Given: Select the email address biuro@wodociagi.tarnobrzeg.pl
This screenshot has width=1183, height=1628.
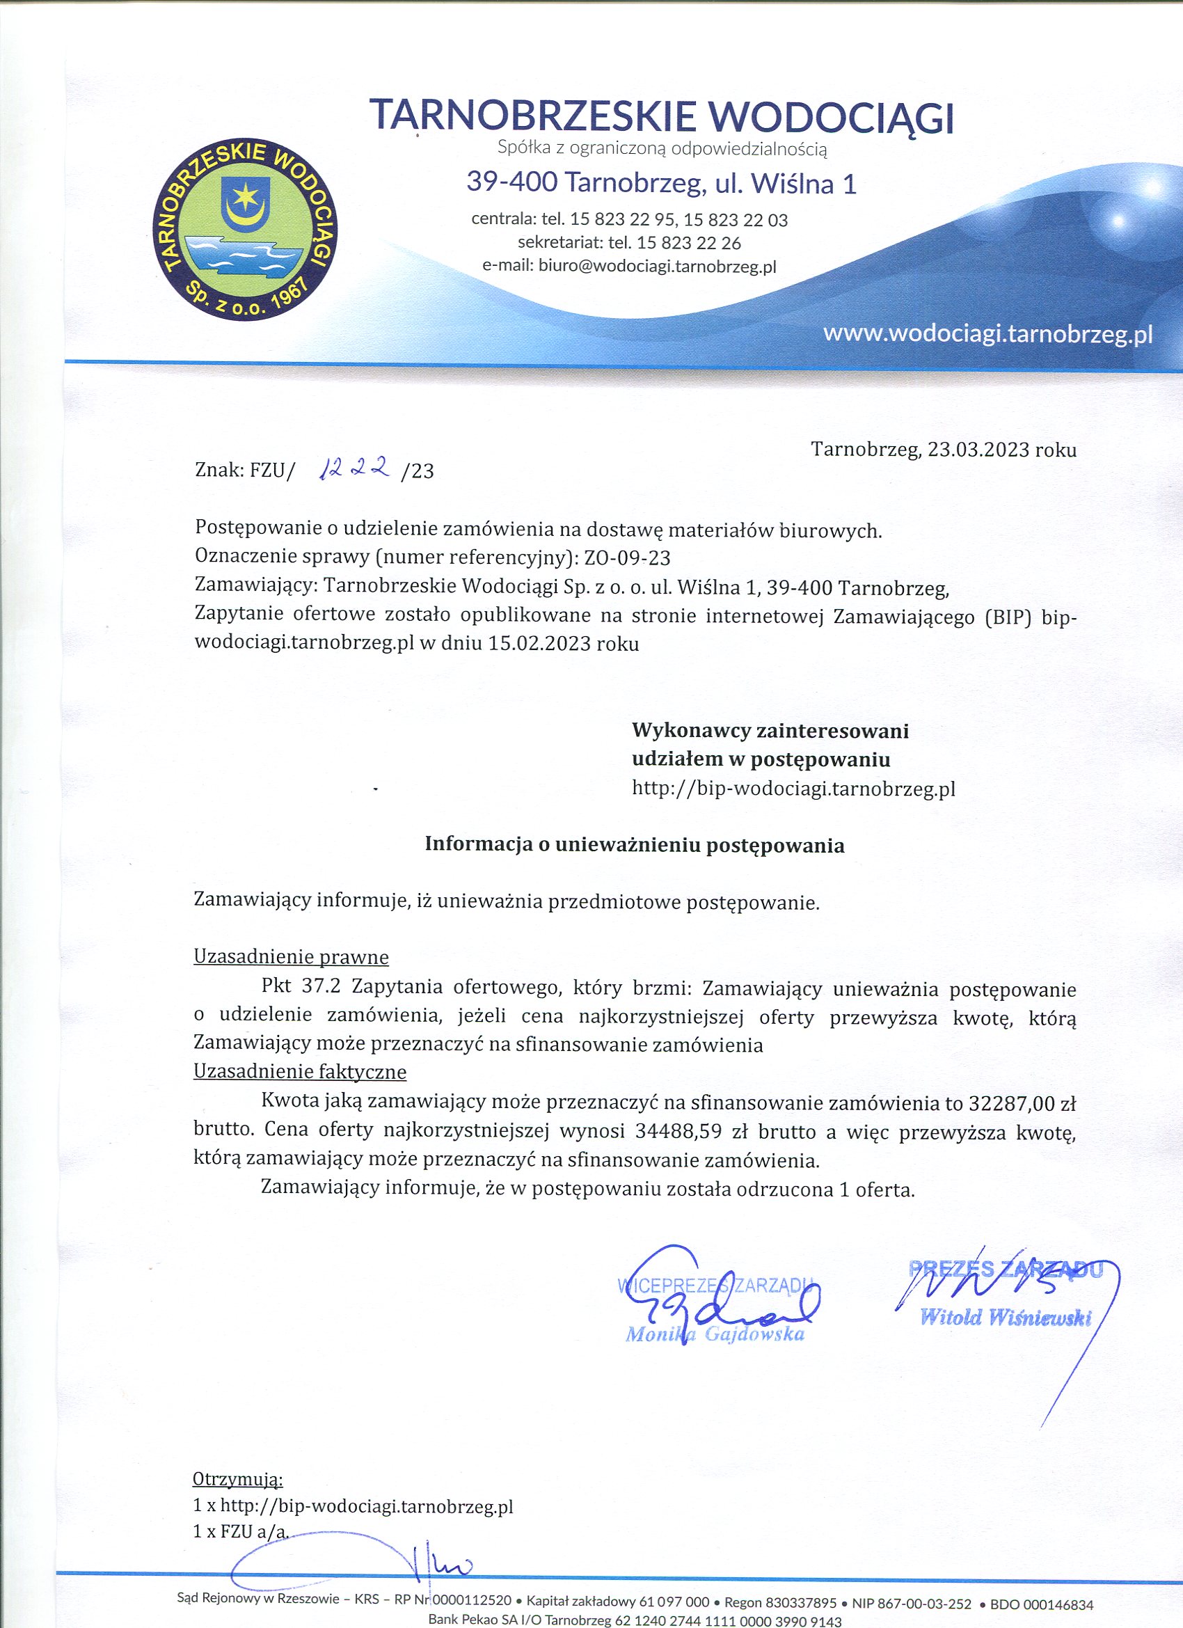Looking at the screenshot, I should tap(657, 267).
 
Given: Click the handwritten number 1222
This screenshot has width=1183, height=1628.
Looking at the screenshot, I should tap(357, 468).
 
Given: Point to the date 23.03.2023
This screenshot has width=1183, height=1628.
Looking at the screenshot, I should tap(979, 450).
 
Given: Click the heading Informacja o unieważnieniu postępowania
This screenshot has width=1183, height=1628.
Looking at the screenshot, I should tap(635, 845).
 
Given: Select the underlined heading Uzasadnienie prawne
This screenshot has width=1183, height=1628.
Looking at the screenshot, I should tap(291, 957).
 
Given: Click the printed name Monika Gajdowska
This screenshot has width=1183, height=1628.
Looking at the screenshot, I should tap(715, 1334).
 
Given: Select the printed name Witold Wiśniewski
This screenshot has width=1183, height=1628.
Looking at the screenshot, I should tap(1005, 1317).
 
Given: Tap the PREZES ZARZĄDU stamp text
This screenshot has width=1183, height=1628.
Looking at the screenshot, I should tap(1005, 1269).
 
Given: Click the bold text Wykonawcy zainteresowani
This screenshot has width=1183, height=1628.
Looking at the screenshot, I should tap(770, 731).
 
